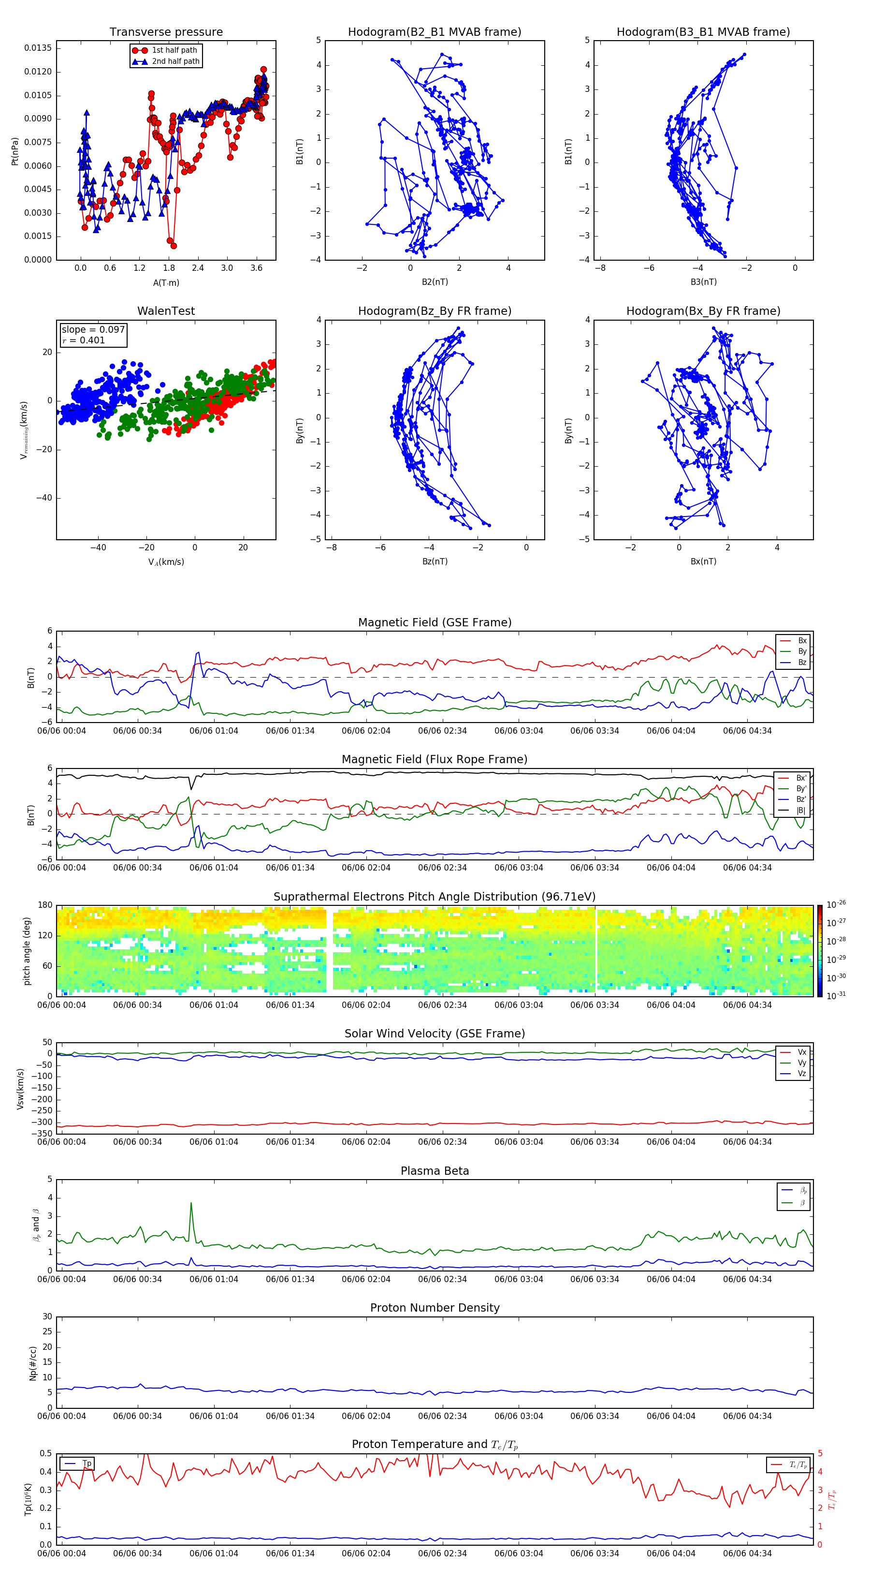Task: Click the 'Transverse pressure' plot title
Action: pos(166,32)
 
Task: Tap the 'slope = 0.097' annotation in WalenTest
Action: pos(93,330)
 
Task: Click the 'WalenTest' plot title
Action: pos(166,311)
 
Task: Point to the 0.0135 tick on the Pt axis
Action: pos(38,48)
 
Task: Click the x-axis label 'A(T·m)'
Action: pos(166,283)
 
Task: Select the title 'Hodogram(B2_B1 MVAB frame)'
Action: pos(434,32)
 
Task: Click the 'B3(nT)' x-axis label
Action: pos(703,282)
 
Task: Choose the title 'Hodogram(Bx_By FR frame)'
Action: pos(703,311)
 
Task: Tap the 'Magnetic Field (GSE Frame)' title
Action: pos(435,622)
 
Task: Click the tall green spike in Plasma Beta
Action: pos(191,1204)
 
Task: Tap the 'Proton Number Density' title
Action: pos(435,1308)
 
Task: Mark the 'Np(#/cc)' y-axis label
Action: pos(33,1363)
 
